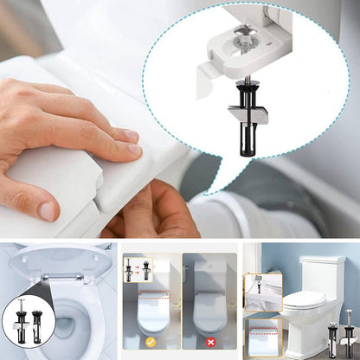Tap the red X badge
click(x=211, y=342)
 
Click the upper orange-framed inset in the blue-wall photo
click(x=260, y=293)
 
